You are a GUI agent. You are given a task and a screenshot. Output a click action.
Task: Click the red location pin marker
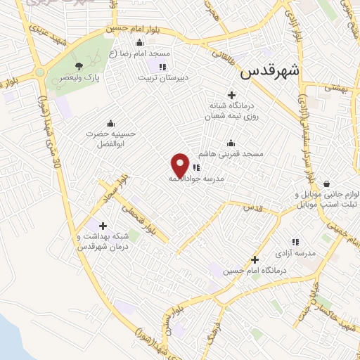click(x=180, y=165)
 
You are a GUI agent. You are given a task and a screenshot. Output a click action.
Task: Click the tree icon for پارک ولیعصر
click(x=78, y=67)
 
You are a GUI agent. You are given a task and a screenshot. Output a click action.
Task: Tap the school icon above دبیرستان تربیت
click(x=162, y=67)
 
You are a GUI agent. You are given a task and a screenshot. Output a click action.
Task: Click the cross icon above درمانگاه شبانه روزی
click(x=231, y=95)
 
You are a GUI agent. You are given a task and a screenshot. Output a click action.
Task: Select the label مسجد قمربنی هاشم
click(x=237, y=153)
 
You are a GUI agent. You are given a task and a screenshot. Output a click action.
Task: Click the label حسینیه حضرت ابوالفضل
click(x=110, y=137)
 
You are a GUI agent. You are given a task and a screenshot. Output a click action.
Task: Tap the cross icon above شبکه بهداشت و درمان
click(x=103, y=226)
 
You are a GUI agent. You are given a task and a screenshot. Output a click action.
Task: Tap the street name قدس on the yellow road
click(x=252, y=208)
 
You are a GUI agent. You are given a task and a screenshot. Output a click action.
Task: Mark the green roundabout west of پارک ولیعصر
click(x=39, y=72)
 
